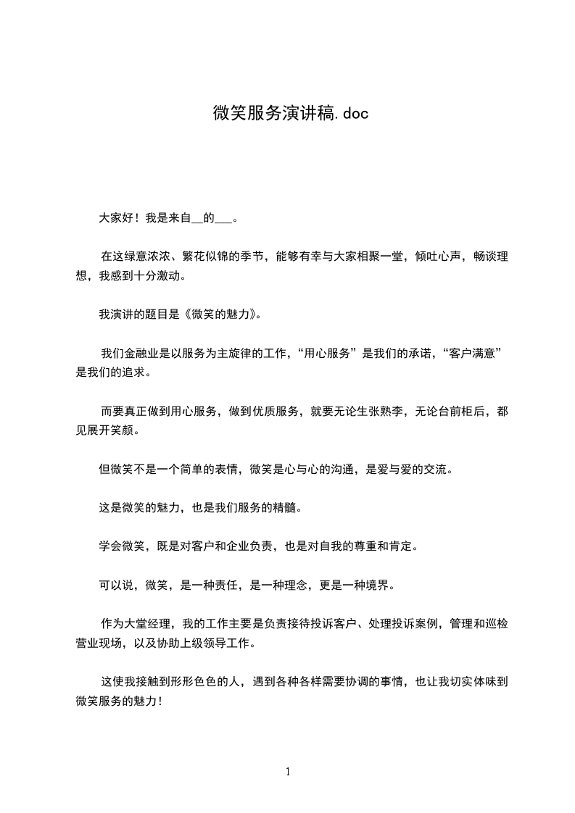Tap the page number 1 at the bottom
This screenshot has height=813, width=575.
(x=288, y=772)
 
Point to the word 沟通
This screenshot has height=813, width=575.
(x=327, y=469)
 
